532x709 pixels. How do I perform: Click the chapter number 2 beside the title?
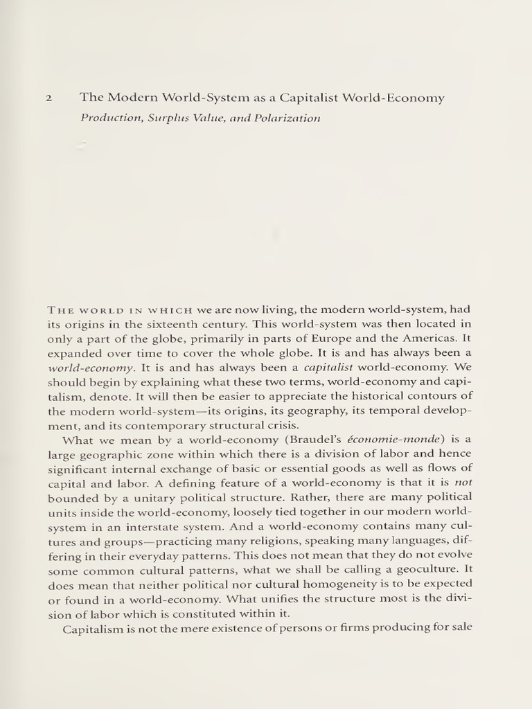click(x=48, y=98)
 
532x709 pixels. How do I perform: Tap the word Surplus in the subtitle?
click(x=160, y=118)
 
